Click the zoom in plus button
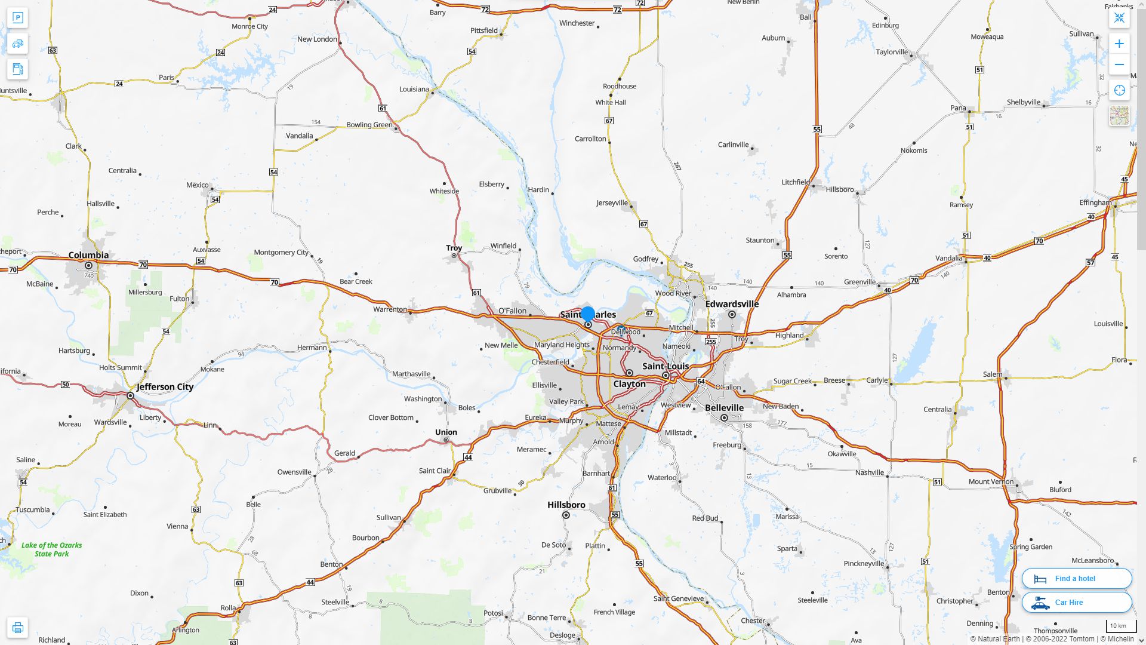[1119, 44]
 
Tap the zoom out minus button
[1119, 64]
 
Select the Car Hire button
[1076, 602]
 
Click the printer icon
[17, 628]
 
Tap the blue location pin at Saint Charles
[588, 314]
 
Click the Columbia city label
[88, 255]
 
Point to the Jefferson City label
[165, 387]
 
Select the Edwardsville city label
[732, 304]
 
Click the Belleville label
[724, 408]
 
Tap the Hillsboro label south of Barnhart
[566, 505]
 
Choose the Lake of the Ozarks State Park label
[52, 549]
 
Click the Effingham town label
[1095, 202]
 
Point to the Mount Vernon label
[991, 481]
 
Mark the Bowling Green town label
[369, 125]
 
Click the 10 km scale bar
[1120, 626]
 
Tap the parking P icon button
[17, 18]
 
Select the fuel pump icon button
[17, 69]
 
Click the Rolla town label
[228, 608]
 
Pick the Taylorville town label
[891, 52]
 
